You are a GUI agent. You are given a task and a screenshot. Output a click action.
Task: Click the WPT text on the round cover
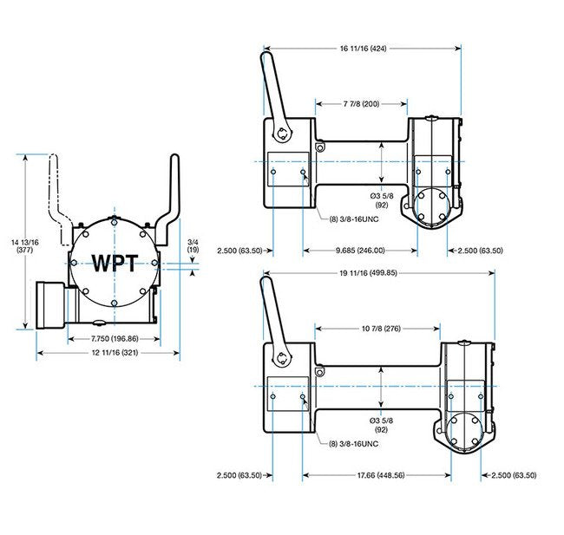tap(115, 262)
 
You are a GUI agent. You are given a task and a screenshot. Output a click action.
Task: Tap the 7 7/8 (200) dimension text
tap(361, 105)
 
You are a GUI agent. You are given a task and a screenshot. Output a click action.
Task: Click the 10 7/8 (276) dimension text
tap(378, 329)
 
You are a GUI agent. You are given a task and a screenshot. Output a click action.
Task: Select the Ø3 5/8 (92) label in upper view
tap(382, 201)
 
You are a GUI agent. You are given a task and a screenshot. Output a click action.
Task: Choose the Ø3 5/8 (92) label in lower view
tap(382, 425)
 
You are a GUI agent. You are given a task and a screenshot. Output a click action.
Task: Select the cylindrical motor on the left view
tap(49, 305)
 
